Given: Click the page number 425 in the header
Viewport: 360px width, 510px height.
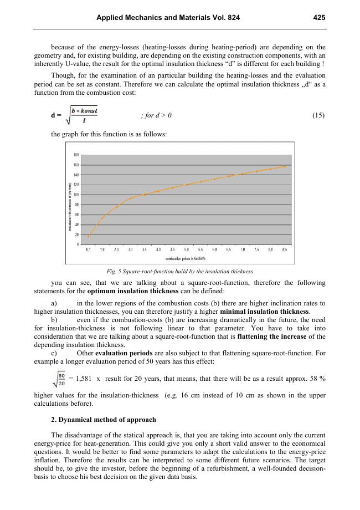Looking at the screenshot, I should (318, 18).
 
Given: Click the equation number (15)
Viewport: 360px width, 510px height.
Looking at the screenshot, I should (318, 115).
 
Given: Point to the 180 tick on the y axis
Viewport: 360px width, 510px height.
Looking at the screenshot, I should (76, 155).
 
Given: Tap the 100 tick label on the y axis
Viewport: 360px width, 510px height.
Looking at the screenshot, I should (76, 195).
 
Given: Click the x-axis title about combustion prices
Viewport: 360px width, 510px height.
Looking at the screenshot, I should (186, 258).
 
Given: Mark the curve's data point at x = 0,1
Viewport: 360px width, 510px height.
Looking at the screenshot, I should (88, 236).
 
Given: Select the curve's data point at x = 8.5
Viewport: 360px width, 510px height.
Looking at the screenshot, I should (285, 166).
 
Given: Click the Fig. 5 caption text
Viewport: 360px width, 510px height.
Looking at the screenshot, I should (179, 271).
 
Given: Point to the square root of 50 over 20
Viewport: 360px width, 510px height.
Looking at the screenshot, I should (59, 379).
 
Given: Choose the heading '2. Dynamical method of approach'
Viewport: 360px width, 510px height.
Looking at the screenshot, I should (103, 419).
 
